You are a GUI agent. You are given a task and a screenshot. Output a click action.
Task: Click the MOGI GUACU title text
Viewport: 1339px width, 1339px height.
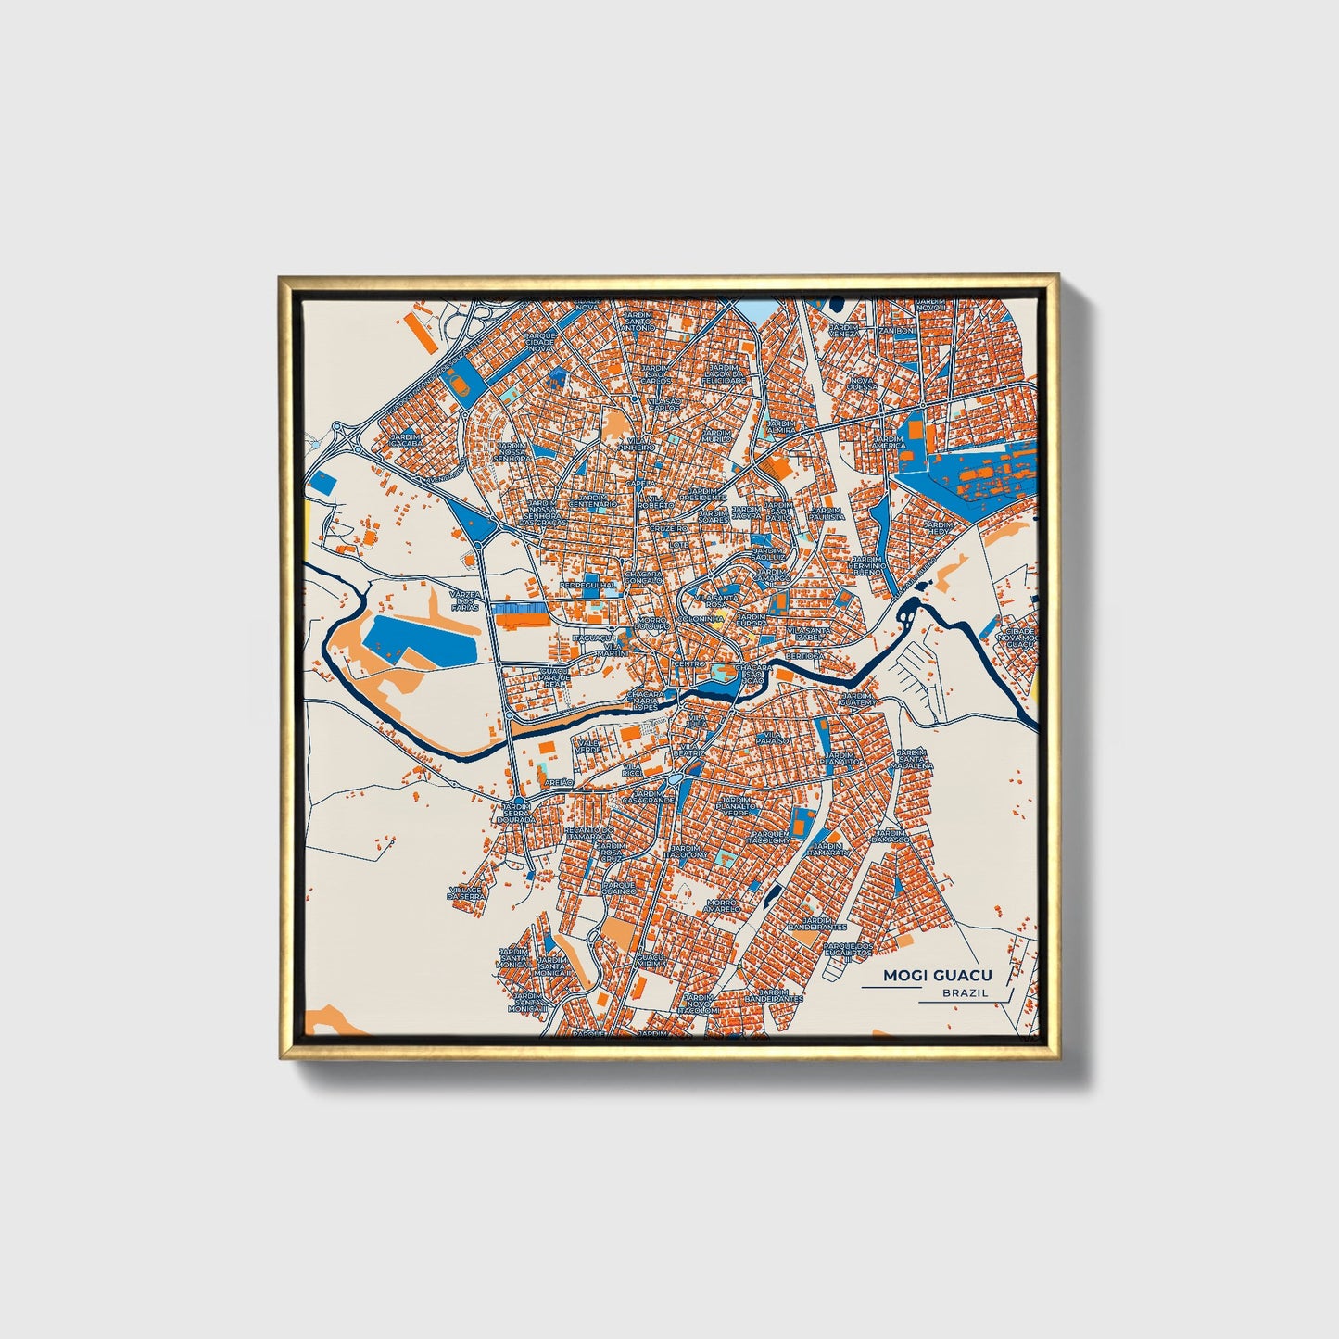(937, 975)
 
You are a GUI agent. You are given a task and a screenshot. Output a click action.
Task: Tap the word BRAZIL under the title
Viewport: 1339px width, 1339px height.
(965, 993)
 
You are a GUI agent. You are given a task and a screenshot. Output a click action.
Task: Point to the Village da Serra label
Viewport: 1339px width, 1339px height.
(465, 893)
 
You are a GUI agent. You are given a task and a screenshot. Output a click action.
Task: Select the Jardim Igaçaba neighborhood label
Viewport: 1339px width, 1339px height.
(405, 439)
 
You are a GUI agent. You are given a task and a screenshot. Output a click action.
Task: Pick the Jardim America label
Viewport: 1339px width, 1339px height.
(887, 441)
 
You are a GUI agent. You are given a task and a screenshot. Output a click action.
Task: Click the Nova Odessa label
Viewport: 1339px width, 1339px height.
(861, 384)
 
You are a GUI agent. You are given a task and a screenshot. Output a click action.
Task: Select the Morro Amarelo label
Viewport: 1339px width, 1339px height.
(722, 905)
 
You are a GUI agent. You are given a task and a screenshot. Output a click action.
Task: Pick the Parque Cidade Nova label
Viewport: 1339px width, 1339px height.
(539, 342)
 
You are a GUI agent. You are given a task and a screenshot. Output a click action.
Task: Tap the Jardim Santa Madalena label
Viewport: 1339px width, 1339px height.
(913, 760)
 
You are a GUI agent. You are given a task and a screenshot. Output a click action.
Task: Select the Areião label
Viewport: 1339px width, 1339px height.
(560, 782)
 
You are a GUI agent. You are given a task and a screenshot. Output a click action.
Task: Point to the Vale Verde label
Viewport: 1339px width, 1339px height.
(588, 746)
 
